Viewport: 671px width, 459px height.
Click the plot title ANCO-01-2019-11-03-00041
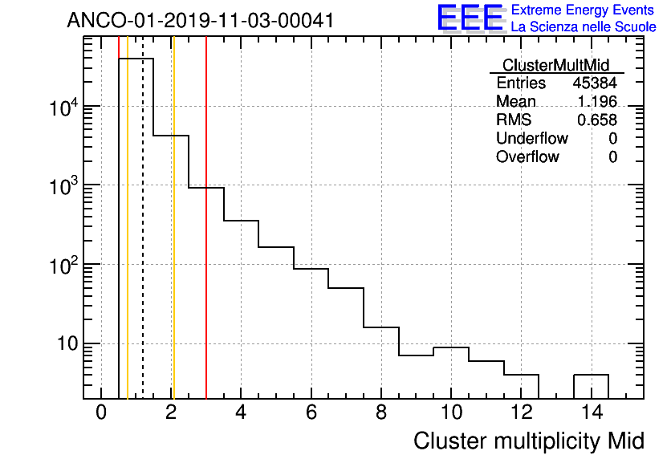tap(200, 20)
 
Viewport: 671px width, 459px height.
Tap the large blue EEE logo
tap(470, 18)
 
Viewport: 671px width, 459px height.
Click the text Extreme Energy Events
tap(584, 10)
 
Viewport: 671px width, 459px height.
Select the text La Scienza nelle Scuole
tap(584, 27)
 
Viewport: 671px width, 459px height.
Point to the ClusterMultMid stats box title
tap(555, 65)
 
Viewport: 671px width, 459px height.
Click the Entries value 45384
tap(595, 83)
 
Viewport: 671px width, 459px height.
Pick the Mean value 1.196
tap(597, 102)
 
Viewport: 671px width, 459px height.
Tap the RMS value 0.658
tap(597, 120)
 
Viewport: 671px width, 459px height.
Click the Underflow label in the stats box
tap(532, 138)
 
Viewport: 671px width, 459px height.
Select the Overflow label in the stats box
tap(527, 156)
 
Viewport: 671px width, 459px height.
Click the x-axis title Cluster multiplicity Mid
tap(529, 441)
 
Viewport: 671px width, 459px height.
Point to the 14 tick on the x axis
tap(591, 414)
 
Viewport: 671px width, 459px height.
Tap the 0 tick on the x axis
tap(101, 414)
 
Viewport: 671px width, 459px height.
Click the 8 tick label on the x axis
tap(381, 414)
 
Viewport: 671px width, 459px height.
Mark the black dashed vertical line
tap(143, 241)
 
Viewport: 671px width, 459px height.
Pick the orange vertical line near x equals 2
tap(173, 241)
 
